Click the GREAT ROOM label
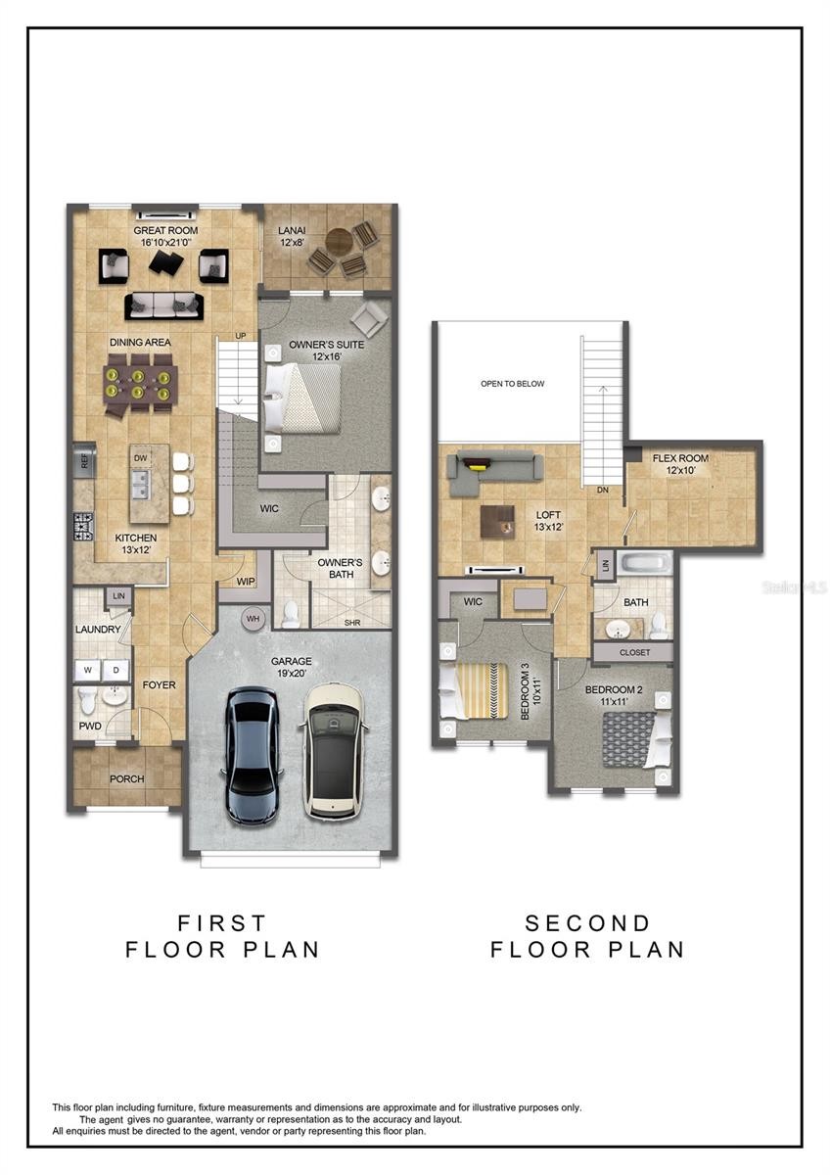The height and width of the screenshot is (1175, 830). coord(165,230)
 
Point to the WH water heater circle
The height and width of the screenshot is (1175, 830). coord(253,619)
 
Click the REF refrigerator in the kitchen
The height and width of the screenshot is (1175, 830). coord(84,461)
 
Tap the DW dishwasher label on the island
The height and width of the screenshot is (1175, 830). coord(141,458)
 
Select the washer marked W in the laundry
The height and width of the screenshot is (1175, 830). coord(87,671)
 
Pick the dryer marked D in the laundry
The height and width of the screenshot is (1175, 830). coord(116,671)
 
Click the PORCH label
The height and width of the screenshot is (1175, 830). coord(127,779)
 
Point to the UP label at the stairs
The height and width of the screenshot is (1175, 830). coord(240,336)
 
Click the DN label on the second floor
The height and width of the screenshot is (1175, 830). coord(603,490)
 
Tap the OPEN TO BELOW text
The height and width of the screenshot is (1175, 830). coord(512,384)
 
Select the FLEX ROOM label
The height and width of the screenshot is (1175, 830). coord(680,458)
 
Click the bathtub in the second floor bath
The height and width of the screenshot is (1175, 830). coord(645,564)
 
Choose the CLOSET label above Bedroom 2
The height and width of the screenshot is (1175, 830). coord(634,652)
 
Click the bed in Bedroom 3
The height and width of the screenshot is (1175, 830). coord(474,690)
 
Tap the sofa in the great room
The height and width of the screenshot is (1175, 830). coord(164,306)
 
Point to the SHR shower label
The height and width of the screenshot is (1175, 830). coord(352,623)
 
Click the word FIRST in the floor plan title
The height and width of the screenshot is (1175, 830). coord(222,922)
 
